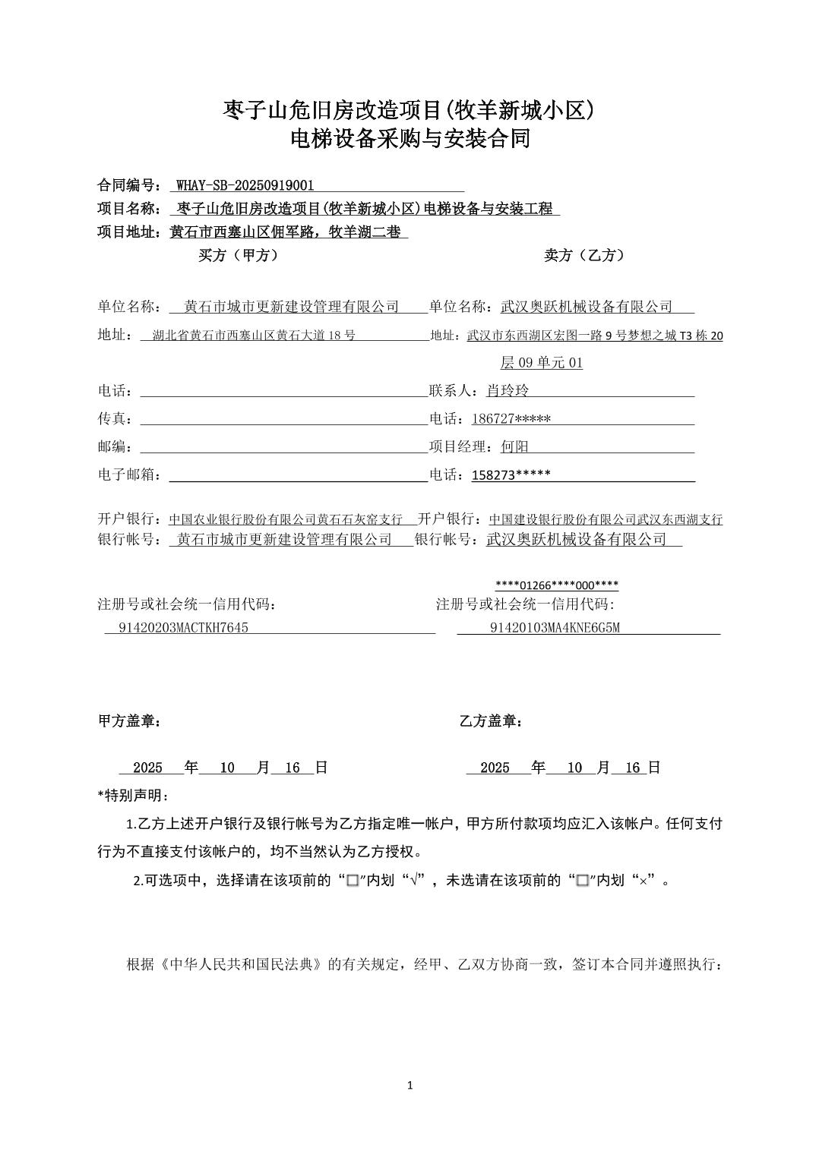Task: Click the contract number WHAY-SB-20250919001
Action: pos(245,185)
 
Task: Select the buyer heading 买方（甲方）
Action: pos(239,256)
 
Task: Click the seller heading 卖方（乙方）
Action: pos(584,256)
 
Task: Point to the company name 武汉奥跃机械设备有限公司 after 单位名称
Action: pos(587,307)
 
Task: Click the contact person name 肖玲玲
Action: pos(508,391)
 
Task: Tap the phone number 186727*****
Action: pos(511,419)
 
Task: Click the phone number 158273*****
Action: pos(511,475)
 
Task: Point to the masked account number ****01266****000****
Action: pos(556,585)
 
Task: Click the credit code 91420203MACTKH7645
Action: pos(184,628)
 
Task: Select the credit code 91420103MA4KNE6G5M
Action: pos(555,628)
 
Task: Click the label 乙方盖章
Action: pos(490,721)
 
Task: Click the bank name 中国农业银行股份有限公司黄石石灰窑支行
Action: pos(286,519)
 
